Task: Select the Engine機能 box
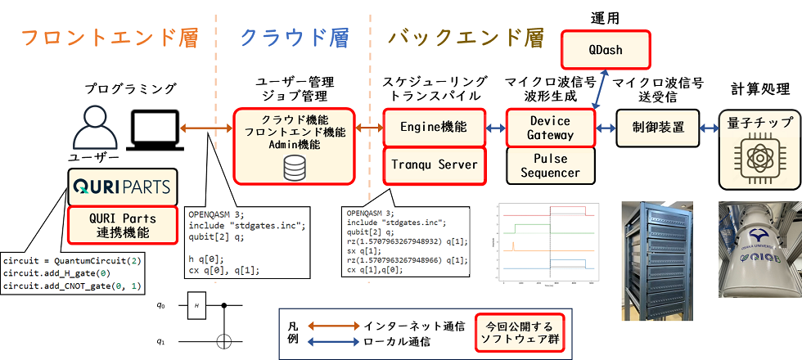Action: [434, 127]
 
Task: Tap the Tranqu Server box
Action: [434, 164]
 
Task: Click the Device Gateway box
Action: [550, 128]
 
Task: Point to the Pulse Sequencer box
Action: [550, 166]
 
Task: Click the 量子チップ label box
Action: [759, 124]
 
